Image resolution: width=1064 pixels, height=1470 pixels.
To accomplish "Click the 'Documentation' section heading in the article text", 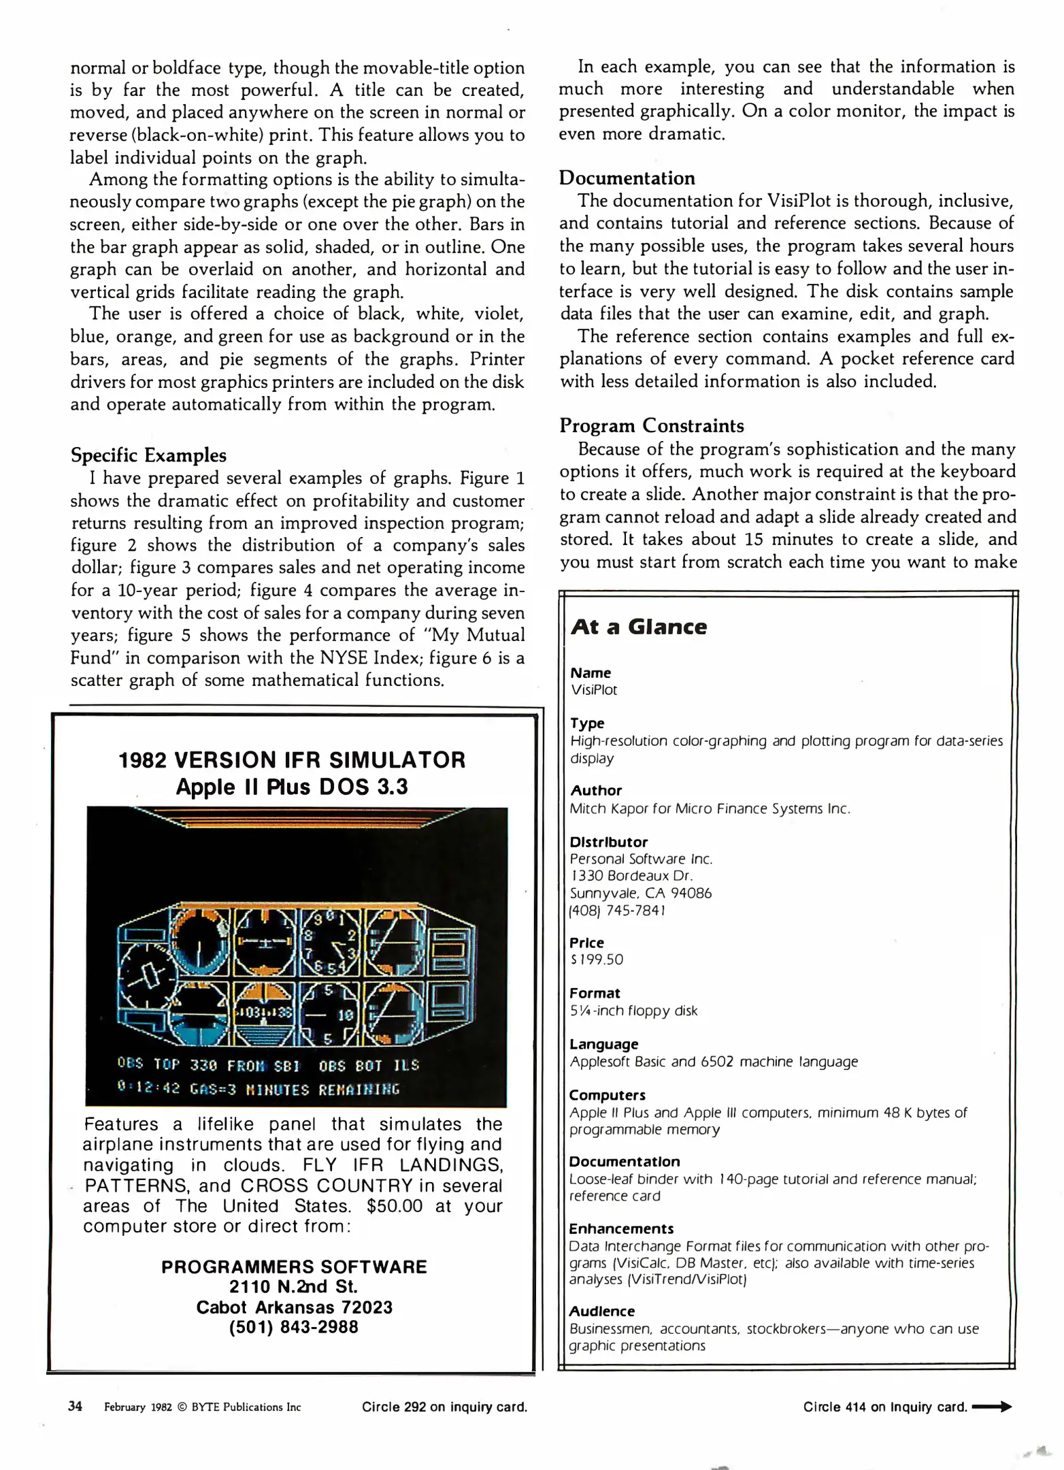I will (627, 178).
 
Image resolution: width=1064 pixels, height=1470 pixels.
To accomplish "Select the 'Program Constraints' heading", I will (651, 426).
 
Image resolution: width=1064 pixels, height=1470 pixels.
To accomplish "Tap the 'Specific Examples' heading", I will (148, 455).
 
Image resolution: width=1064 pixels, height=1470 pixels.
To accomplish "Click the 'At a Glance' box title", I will (639, 627).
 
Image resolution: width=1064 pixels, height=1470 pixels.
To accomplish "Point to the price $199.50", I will (597, 960).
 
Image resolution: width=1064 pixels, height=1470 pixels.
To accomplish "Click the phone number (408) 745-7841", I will (618, 910).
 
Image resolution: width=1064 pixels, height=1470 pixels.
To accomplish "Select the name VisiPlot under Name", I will (594, 690).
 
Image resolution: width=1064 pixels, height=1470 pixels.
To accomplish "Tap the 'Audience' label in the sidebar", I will (601, 1311).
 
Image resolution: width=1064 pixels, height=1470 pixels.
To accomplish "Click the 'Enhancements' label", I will (621, 1228).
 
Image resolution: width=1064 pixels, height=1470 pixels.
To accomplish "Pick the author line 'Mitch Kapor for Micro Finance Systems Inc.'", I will (710, 808).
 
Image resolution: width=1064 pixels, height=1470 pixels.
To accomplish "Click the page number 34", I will (75, 1406).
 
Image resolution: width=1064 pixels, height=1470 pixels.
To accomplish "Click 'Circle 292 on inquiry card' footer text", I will (444, 1407).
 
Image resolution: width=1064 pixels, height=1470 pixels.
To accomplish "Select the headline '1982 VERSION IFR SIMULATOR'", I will (292, 760).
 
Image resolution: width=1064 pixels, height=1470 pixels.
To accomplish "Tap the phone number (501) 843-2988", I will (293, 1327).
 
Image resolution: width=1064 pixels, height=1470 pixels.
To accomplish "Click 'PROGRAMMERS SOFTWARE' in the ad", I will (294, 1267).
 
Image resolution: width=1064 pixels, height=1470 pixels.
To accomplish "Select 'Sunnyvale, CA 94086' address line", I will (640, 893).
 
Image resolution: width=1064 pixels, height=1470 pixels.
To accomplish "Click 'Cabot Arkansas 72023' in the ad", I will (294, 1307).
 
